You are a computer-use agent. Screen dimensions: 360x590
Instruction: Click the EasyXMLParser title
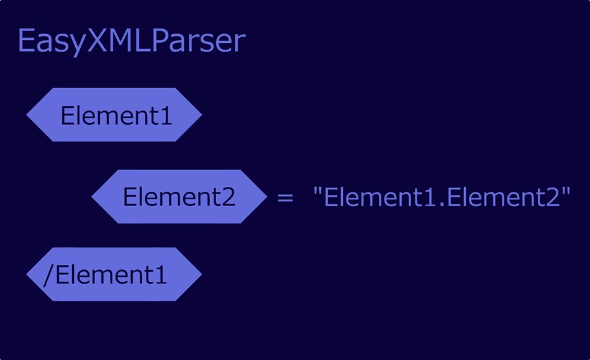coord(132,42)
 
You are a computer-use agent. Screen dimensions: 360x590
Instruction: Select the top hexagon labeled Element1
coord(114,115)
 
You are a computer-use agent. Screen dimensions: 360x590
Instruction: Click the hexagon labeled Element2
coord(179,197)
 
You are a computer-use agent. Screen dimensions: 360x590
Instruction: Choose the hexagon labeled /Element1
coord(114,274)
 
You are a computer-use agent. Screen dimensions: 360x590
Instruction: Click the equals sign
coord(284,198)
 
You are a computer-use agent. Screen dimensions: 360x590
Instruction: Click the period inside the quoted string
coord(443,205)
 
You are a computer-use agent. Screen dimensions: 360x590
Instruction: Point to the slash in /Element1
coord(48,274)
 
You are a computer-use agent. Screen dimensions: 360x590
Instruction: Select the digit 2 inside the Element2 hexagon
coord(228,197)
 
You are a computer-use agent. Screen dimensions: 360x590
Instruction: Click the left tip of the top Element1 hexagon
coord(27,115)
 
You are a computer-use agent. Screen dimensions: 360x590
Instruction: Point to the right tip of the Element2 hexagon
coord(266,197)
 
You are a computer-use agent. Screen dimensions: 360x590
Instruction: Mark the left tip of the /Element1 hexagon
coord(27,274)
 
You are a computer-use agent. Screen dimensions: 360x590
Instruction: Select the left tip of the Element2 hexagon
coord(93,197)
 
